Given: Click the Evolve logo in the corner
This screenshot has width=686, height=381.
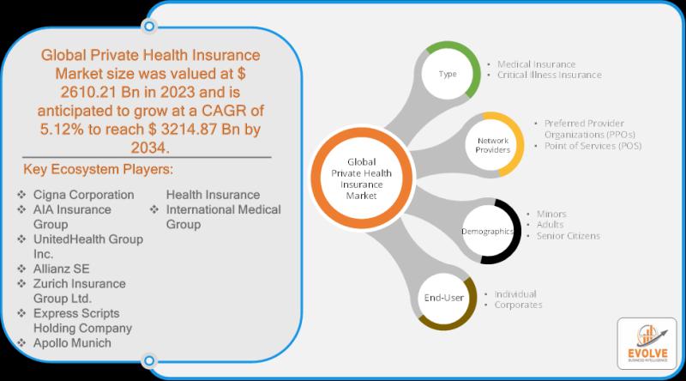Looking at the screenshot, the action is [x=647, y=344].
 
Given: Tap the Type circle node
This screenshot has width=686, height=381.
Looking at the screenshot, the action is [x=448, y=74].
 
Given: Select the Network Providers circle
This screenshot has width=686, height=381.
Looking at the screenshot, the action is [x=493, y=145].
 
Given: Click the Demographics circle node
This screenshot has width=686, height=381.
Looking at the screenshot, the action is [x=489, y=231].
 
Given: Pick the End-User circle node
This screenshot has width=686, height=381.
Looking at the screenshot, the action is [x=444, y=298].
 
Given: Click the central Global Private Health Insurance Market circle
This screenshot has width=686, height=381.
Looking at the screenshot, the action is [x=361, y=178].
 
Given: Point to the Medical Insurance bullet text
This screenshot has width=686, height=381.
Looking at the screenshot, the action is [x=537, y=64].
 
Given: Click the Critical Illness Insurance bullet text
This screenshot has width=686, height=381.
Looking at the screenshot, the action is [x=549, y=75].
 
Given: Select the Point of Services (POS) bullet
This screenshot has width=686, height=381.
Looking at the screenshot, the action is [x=593, y=146].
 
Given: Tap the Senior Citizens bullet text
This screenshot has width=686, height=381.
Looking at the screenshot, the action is [x=568, y=236].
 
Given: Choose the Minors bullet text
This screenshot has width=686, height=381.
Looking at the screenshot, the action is [x=551, y=214].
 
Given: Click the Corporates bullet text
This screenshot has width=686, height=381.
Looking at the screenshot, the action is [x=518, y=305].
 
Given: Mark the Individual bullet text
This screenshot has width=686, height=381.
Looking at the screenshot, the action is [x=515, y=293].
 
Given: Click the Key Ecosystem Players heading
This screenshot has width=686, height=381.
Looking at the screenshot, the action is [x=98, y=170].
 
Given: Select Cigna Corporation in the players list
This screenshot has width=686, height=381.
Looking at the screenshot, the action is [x=83, y=195].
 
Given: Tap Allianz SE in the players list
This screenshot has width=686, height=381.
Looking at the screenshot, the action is [x=61, y=269].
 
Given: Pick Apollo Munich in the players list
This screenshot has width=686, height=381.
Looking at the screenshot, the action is [x=72, y=343].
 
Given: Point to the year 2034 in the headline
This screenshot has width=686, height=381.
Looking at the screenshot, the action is [x=149, y=148].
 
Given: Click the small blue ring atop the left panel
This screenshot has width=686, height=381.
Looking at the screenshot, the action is [x=149, y=27].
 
